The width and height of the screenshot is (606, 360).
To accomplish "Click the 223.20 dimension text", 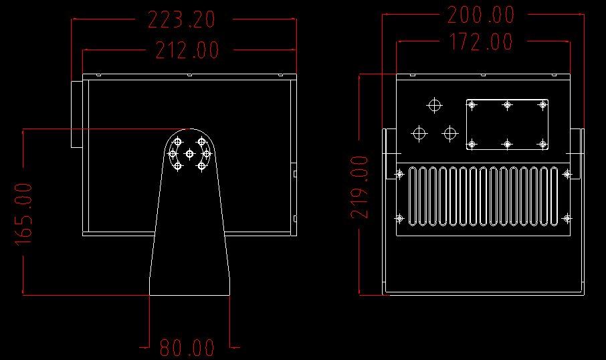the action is click(181, 19).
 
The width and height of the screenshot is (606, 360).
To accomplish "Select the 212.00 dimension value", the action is click(187, 50).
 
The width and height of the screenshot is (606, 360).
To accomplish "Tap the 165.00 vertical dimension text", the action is click(23, 215).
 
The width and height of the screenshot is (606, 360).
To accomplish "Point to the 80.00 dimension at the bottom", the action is click(187, 348).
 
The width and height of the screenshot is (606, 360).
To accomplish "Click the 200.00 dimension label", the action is click(481, 15).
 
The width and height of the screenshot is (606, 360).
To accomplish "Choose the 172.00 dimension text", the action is click(481, 41).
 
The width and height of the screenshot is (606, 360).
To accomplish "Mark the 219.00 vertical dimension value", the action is click(359, 187).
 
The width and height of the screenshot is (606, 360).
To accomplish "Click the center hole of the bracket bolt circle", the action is click(189, 154).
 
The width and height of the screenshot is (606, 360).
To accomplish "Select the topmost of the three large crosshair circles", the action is click(434, 105).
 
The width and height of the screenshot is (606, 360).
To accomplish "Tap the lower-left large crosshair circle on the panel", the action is click(419, 134).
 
